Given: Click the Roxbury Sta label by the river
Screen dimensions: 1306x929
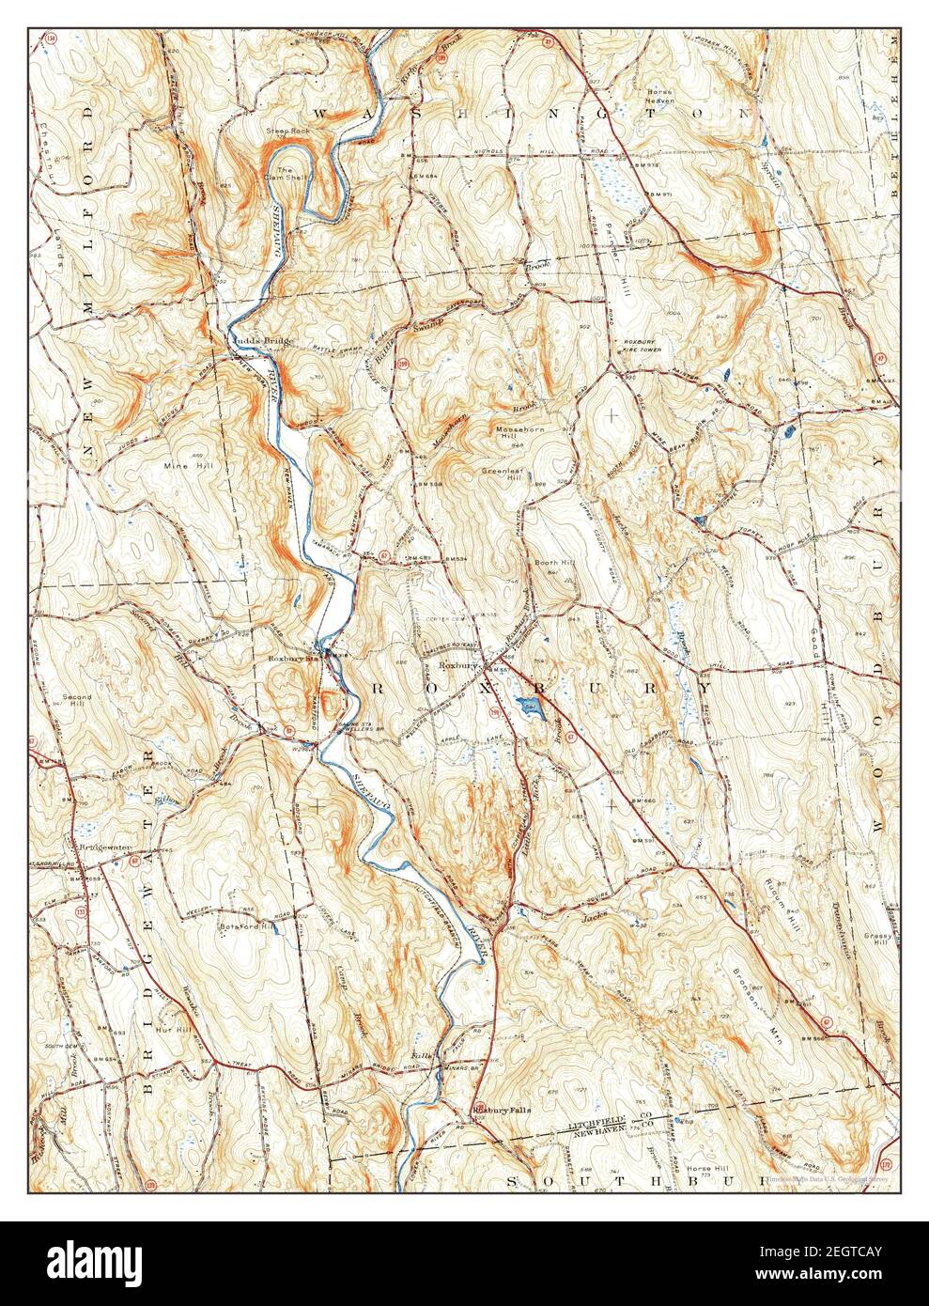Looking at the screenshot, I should click(291, 659).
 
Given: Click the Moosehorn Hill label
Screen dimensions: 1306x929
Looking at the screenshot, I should click(516, 433).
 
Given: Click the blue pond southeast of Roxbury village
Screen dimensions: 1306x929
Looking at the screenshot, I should click(529, 707).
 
